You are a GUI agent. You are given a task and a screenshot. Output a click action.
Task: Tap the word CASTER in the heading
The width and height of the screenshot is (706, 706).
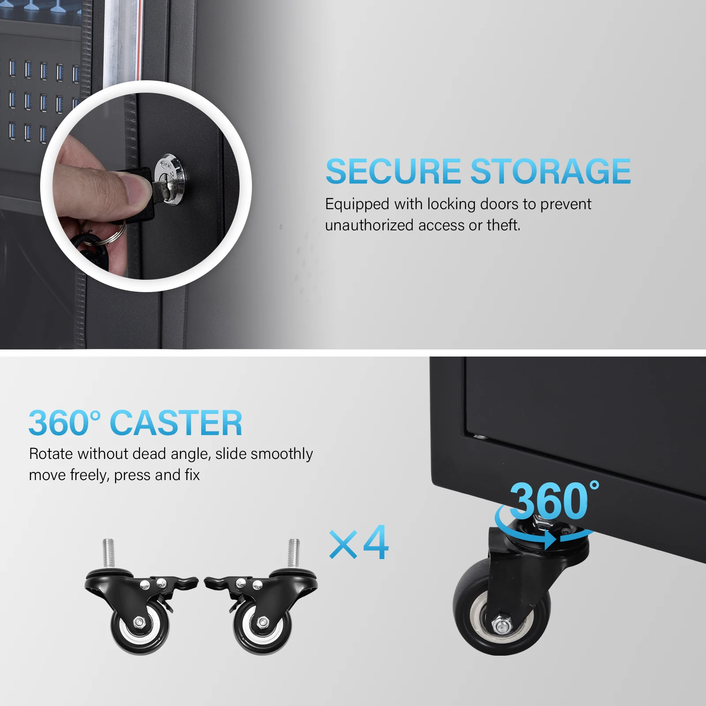point(176,423)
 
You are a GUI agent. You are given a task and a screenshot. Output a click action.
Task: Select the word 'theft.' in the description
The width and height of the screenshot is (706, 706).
point(503,225)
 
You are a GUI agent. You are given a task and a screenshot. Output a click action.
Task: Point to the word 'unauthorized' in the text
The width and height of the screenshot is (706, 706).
point(369,225)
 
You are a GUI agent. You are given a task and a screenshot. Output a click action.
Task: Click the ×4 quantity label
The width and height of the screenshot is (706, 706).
point(359,543)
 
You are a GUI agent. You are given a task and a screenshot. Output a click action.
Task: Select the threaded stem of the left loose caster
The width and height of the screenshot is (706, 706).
point(109,553)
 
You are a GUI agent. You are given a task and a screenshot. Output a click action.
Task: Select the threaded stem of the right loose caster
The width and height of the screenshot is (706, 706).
point(294,553)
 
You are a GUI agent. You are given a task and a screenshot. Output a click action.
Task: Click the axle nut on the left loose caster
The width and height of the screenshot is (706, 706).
point(139,623)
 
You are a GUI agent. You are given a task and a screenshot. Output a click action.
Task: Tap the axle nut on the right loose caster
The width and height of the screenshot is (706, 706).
point(263,623)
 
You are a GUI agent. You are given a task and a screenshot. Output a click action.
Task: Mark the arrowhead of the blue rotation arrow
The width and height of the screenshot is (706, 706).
point(551,540)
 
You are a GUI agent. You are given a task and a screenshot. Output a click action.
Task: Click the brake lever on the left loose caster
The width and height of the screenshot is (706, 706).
point(185,582)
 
